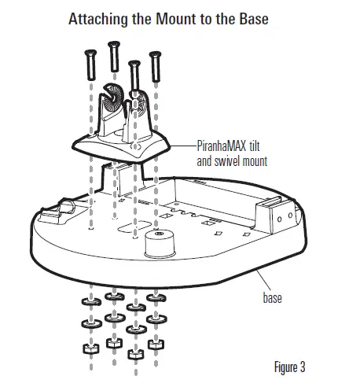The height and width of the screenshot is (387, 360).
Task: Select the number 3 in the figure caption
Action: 300,367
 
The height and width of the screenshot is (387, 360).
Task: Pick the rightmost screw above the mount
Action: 156,55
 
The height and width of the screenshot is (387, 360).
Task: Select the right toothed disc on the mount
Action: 141,101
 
